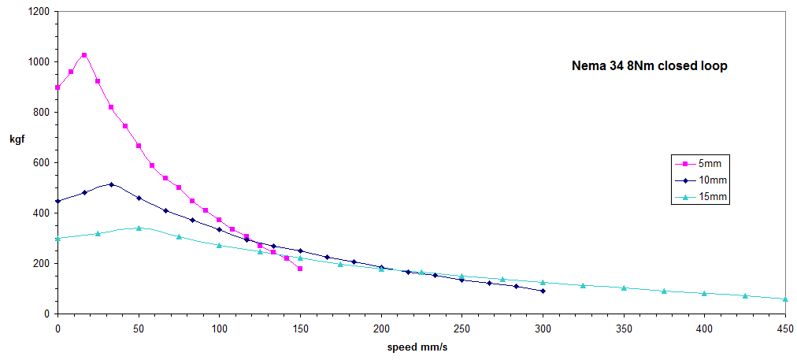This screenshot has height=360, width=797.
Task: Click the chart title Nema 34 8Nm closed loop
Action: (x=649, y=67)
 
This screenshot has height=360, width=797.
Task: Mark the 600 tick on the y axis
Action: (x=39, y=163)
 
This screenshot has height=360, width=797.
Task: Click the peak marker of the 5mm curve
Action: (x=84, y=55)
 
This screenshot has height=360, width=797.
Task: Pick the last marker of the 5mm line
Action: (x=300, y=269)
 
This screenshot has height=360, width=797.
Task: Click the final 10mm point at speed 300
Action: (x=543, y=291)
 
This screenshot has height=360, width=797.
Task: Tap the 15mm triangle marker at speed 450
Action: (x=785, y=299)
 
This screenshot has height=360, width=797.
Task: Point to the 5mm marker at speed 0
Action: (x=57, y=87)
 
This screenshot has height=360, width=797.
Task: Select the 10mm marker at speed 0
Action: (x=57, y=201)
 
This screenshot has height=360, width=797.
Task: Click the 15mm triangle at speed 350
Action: (x=624, y=288)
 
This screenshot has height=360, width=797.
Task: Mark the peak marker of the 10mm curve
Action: (x=111, y=184)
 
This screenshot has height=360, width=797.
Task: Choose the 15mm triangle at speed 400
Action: (x=704, y=293)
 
